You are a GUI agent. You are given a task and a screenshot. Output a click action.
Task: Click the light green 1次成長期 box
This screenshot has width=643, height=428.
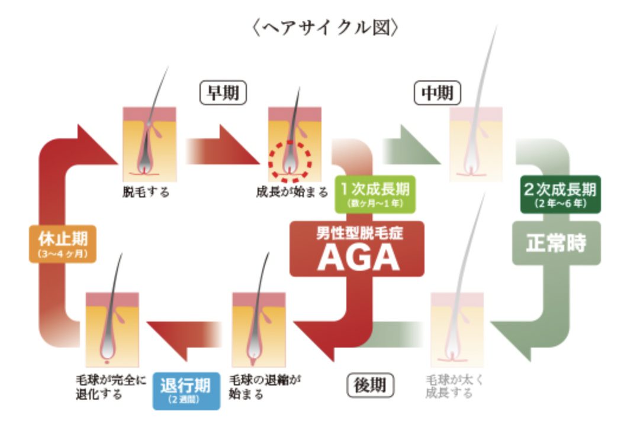tap(374, 194)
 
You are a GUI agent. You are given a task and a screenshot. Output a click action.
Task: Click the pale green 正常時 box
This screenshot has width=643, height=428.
tap(556, 242)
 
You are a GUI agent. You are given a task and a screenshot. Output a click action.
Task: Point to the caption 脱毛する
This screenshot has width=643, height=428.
tap(146, 192)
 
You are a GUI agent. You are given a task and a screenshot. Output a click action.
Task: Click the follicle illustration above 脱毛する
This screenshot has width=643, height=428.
tap(149, 142)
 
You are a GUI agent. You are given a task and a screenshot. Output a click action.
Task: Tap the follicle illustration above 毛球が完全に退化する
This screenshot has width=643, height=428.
tap(112, 328)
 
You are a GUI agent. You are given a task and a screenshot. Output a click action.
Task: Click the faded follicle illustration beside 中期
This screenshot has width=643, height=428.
tap(475, 142)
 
